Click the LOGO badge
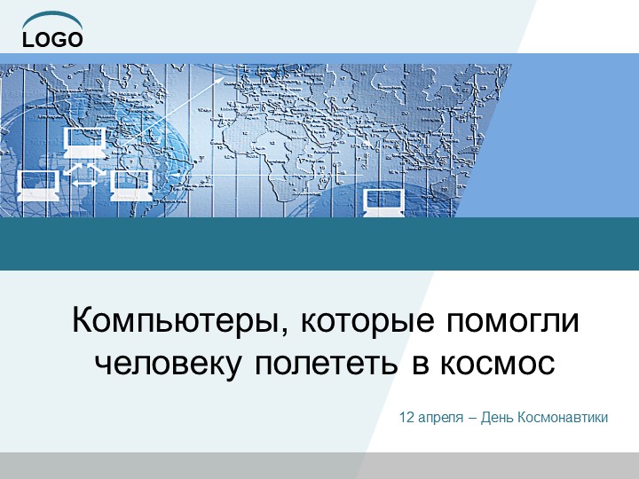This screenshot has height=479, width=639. click(x=52, y=39)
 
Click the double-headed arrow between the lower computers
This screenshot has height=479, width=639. click(x=84, y=184)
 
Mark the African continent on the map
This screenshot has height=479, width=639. click(x=282, y=151)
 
